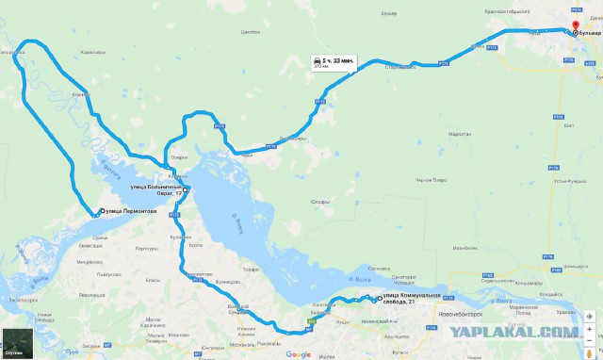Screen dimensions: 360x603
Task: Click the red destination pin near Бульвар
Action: (578, 27)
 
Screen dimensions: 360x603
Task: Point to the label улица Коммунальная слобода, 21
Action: (411, 299)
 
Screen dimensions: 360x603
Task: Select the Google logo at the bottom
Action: (299, 354)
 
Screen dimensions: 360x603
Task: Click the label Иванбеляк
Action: (465, 249)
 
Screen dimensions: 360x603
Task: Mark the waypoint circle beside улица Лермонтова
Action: (101, 211)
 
